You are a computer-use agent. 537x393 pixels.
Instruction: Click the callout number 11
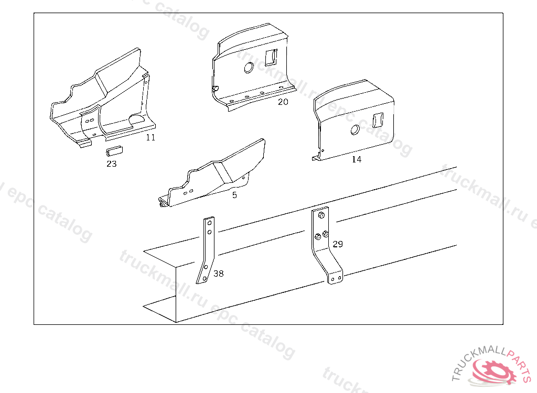(x=151, y=138)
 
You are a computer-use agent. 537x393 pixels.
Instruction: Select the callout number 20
(x=283, y=102)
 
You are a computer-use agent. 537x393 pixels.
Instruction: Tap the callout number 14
(x=357, y=159)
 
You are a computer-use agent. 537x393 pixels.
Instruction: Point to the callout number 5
(x=234, y=195)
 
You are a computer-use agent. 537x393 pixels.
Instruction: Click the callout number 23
(x=112, y=164)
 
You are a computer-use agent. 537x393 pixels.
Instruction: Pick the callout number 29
(x=338, y=244)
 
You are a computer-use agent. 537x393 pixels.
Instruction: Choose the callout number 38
(x=219, y=274)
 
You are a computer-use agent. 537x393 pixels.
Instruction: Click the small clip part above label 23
(x=114, y=150)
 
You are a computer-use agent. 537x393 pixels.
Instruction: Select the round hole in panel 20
(x=249, y=68)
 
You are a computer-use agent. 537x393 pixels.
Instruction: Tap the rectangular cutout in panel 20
(x=271, y=57)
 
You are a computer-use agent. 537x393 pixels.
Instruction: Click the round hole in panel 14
(x=355, y=130)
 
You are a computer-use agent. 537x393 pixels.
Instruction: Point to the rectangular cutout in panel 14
(x=378, y=120)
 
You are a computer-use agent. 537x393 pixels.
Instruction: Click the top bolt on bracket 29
(x=321, y=215)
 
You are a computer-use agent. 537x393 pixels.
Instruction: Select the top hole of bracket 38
(x=210, y=223)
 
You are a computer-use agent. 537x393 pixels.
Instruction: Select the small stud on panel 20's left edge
(x=216, y=89)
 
